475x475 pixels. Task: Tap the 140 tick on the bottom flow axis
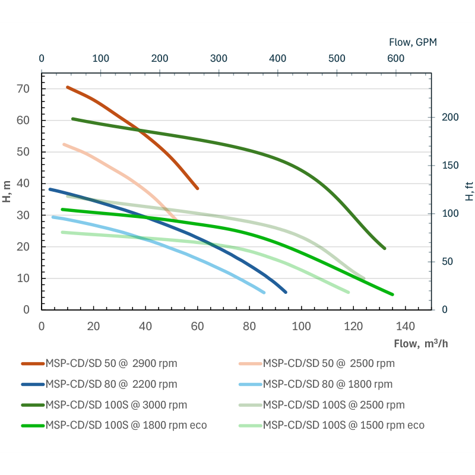pyautogui.click(x=406, y=326)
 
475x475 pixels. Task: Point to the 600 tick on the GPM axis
pyautogui.click(x=395, y=58)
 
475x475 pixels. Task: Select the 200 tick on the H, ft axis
pyautogui.click(x=450, y=117)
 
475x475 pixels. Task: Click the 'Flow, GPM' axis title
pyautogui.click(x=413, y=42)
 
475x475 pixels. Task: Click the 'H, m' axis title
pyautogui.click(x=8, y=191)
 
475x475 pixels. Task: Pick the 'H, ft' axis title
pyautogui.click(x=469, y=191)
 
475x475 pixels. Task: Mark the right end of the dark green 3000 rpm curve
pyautogui.click(x=384, y=248)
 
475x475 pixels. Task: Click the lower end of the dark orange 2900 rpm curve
pyautogui.click(x=197, y=188)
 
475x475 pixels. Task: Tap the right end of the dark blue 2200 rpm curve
pyautogui.click(x=286, y=292)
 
